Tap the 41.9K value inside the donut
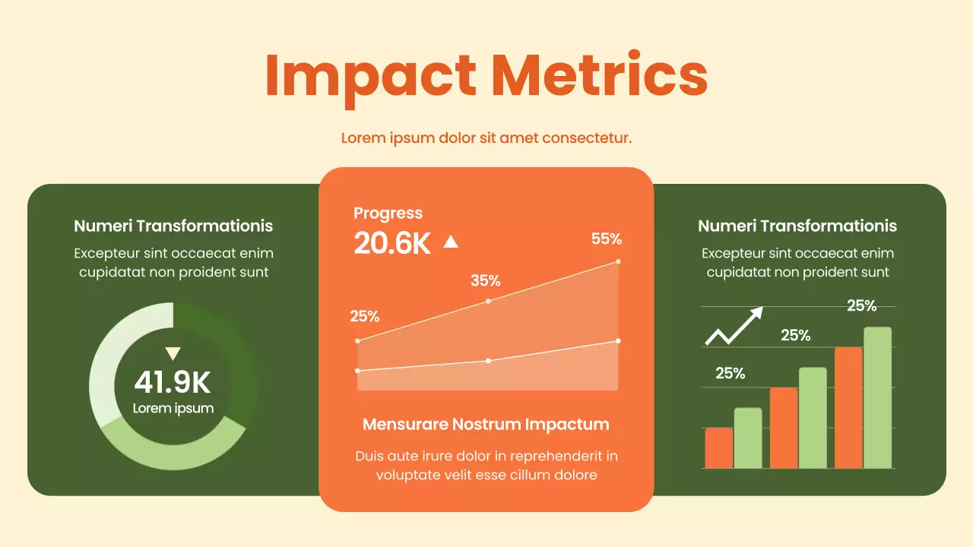173,382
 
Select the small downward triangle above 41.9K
173,353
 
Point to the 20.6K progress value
392,243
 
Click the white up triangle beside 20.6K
451,242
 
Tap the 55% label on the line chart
606,239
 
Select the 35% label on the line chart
485,280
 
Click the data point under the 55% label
618,261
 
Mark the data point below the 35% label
488,301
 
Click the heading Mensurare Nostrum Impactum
486,424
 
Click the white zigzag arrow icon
734,326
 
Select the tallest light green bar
877,397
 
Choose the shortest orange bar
718,448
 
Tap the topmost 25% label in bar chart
861,305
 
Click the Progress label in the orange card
388,213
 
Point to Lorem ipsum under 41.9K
173,408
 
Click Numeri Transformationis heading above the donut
173,226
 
